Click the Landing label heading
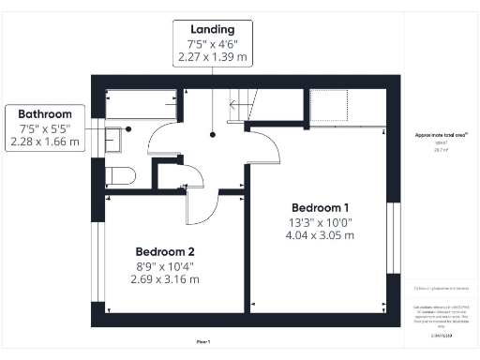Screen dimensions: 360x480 [x=213, y=31]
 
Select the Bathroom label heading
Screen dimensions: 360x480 [x=44, y=113]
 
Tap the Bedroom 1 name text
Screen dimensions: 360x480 [x=321, y=207]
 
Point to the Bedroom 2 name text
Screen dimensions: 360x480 [x=164, y=251]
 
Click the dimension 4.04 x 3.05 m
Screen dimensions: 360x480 [x=322, y=235]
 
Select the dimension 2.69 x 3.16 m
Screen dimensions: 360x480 [x=164, y=279]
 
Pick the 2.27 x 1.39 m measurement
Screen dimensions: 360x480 [x=213, y=58]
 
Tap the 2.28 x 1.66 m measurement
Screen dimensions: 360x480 [x=44, y=142]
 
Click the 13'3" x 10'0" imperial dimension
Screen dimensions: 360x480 [x=322, y=221]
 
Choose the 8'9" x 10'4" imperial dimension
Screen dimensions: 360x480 [x=164, y=265]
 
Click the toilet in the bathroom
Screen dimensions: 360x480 [x=119, y=174]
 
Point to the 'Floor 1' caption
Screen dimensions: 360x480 [x=202, y=342]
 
